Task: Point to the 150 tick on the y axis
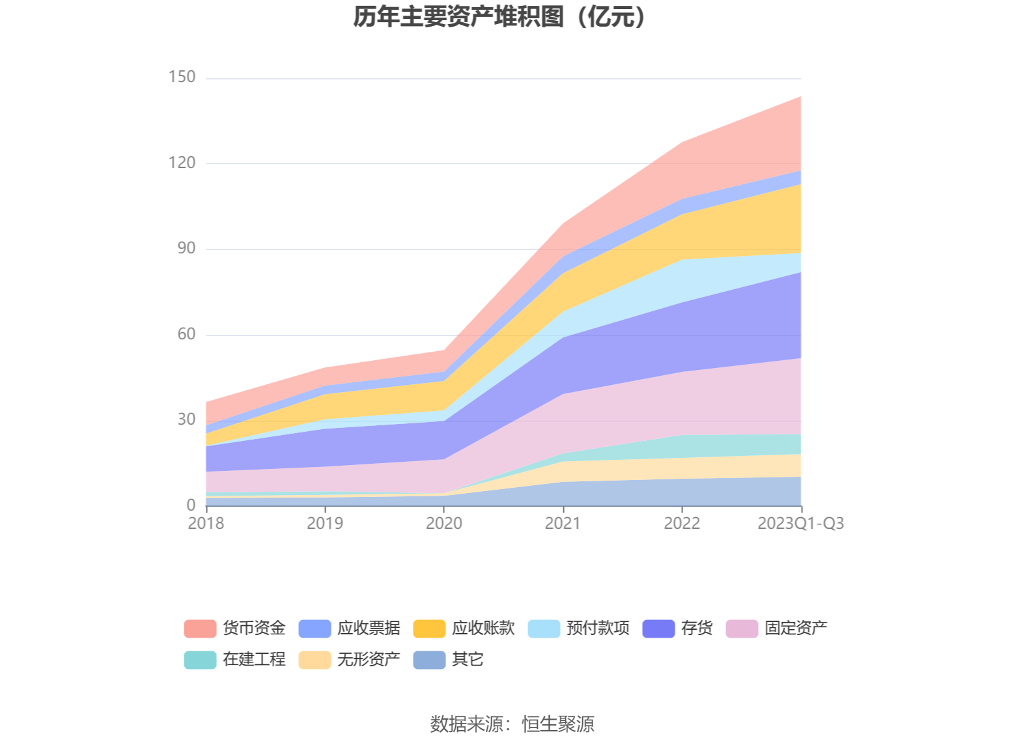[x=182, y=78]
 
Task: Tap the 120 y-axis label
[x=182, y=163]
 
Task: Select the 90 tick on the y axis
[x=186, y=249]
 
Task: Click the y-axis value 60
[x=186, y=334]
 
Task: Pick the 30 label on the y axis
[x=186, y=420]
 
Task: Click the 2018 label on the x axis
[x=206, y=524]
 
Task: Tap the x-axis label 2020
[x=444, y=524]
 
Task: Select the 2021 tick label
[x=563, y=524]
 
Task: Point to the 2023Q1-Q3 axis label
[x=800, y=524]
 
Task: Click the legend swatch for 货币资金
[x=200, y=629]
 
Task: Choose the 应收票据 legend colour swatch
[x=315, y=629]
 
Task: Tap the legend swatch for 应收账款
[x=429, y=629]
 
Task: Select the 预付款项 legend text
[x=598, y=629]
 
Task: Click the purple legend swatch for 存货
[x=658, y=629]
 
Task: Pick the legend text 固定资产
[x=796, y=629]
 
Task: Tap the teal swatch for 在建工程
[x=200, y=660]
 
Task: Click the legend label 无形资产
[x=369, y=660]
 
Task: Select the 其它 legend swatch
[x=429, y=660]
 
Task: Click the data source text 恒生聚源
[x=558, y=724]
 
